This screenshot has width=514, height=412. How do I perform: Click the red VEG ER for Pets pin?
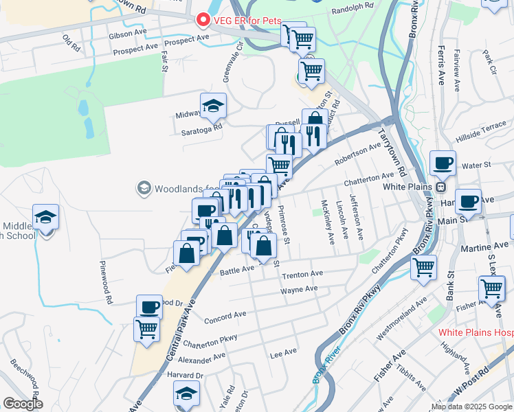coord(203,20)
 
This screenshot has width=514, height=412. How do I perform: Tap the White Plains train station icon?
coord(442,187)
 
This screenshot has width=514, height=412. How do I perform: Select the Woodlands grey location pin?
coord(144,187)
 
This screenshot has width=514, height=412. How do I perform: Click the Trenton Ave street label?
coord(302,275)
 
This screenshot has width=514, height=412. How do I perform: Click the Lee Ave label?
coord(283,353)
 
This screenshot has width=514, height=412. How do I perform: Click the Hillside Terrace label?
coord(484,128)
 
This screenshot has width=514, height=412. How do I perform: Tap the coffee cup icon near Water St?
coord(443,163)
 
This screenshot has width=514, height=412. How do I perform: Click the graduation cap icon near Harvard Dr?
coord(186,394)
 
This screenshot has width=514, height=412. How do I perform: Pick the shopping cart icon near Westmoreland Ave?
coord(424,266)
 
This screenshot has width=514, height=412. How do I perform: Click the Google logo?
coord(23,404)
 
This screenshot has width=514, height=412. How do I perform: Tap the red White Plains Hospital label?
coord(476,332)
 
